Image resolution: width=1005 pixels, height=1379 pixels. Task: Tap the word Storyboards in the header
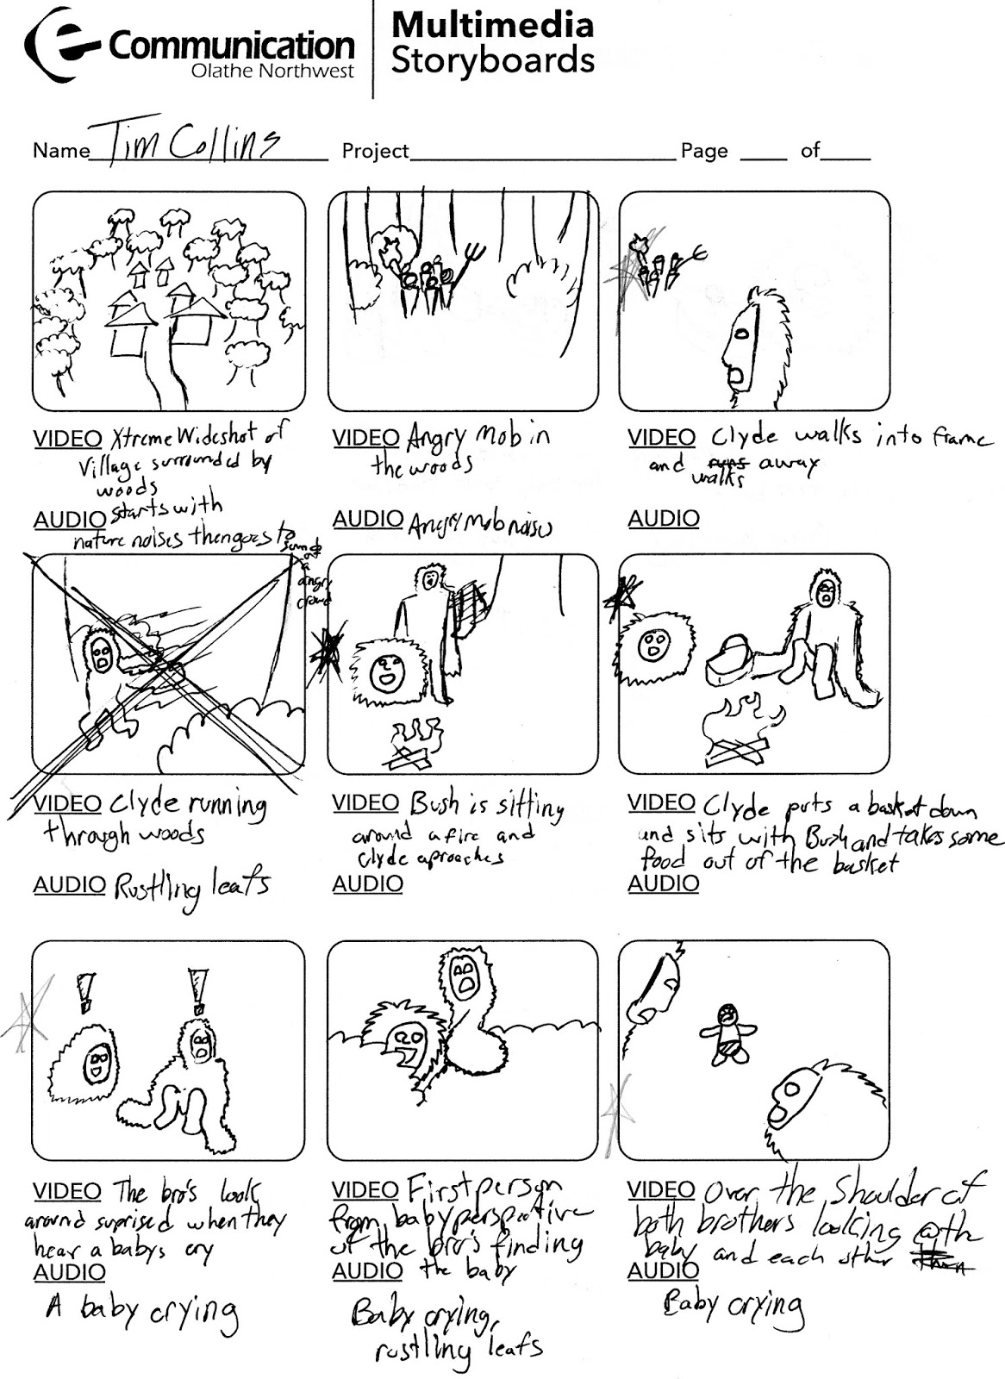[492, 61]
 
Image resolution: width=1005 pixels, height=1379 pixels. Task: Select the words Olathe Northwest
[272, 72]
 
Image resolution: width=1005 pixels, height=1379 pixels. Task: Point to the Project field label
[375, 152]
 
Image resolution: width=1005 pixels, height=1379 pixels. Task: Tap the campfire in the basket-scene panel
[739, 734]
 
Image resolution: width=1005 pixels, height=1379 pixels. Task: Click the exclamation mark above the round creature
[84, 992]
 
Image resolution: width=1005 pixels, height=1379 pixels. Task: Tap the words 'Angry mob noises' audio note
[480, 524]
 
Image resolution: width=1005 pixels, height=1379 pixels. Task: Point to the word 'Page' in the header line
[704, 152]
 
